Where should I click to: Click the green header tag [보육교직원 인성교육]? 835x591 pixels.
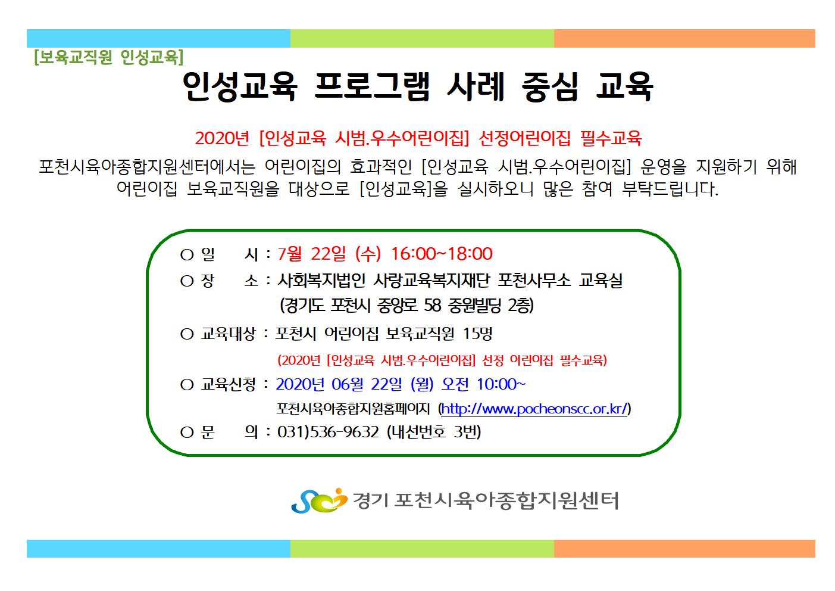click(x=109, y=57)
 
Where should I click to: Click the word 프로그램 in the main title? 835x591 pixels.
click(x=371, y=86)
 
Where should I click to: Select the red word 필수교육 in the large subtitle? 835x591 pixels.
click(x=611, y=138)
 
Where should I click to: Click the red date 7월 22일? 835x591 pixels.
click(x=312, y=254)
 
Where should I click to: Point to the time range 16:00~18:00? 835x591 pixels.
click(x=442, y=254)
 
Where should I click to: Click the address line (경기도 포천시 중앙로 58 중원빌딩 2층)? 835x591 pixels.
click(x=406, y=305)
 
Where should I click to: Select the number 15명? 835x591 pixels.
click(x=477, y=334)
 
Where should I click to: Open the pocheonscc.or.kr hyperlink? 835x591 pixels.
click(x=534, y=409)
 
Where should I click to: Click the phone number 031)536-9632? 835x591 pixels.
click(x=328, y=432)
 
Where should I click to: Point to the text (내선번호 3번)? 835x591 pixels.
click(x=434, y=432)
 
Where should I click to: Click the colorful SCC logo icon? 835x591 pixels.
click(x=319, y=500)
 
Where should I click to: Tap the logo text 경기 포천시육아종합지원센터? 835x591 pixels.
click(x=485, y=500)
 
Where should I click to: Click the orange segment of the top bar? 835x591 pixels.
click(x=684, y=39)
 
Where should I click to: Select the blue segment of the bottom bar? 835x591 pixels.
click(x=158, y=549)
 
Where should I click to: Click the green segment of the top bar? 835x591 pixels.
click(x=422, y=39)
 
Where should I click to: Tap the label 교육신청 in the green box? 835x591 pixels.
click(x=228, y=384)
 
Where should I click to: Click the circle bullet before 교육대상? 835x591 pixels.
click(x=187, y=334)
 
